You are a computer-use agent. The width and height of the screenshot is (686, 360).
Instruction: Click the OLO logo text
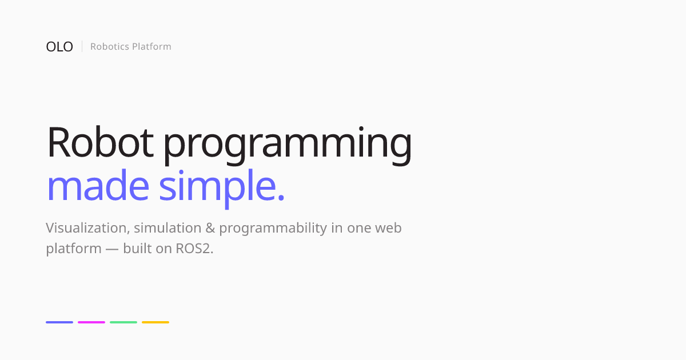click(x=59, y=47)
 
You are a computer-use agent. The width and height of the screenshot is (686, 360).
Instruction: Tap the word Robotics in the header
click(x=110, y=46)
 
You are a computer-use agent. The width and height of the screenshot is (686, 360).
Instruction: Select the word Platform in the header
click(x=151, y=46)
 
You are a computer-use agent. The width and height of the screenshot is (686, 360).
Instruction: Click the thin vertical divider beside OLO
click(x=82, y=46)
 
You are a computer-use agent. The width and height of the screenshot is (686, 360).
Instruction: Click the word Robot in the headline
click(x=100, y=142)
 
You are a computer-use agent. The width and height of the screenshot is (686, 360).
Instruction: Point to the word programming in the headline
click(x=288, y=145)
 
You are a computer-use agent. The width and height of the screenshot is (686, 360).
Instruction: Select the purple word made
click(x=98, y=185)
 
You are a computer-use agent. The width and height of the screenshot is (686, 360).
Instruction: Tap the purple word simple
click(x=218, y=188)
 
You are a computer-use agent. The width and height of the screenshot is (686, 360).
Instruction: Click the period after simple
click(x=281, y=197)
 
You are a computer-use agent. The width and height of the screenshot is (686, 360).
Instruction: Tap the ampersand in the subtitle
click(x=210, y=228)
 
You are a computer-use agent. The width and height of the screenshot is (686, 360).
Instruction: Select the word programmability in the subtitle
click(x=273, y=229)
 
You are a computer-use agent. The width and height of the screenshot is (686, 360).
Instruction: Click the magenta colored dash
click(x=91, y=322)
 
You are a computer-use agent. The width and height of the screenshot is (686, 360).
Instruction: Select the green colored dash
click(x=123, y=322)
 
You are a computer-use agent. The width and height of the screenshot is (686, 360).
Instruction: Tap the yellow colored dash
click(x=155, y=322)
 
